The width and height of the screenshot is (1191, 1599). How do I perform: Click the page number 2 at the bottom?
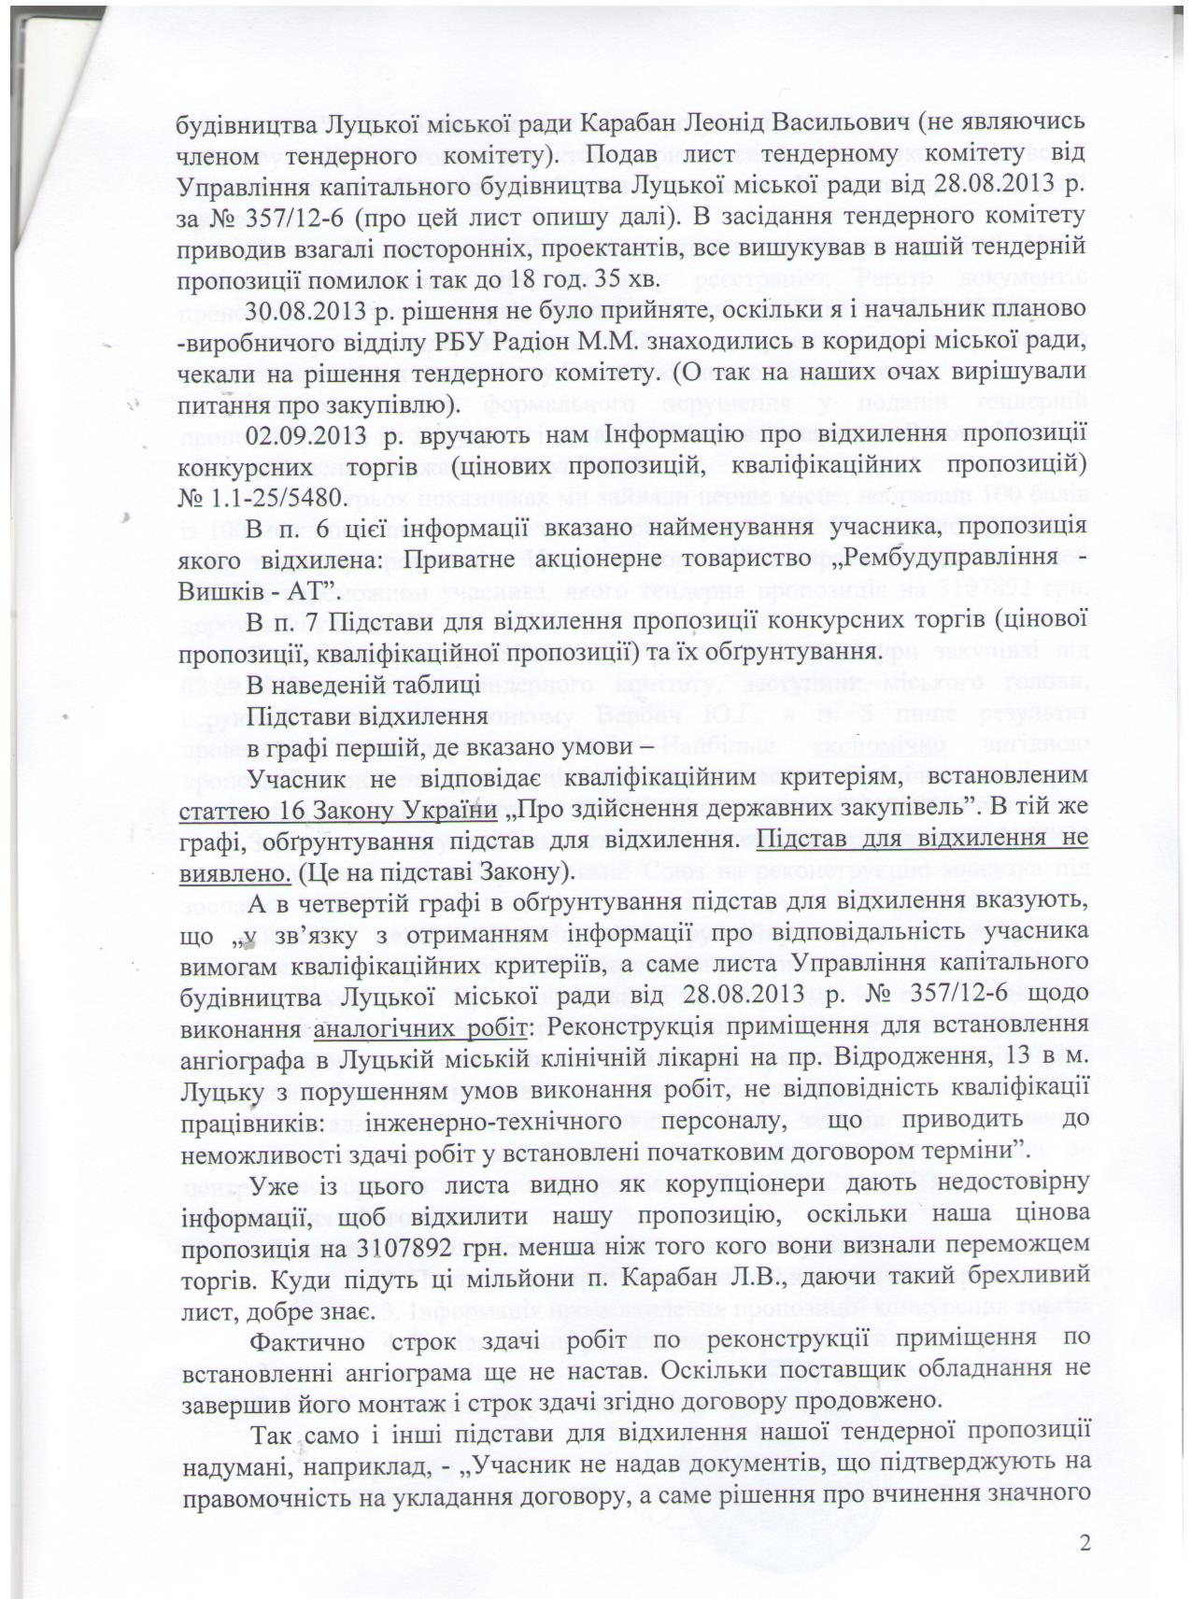pyautogui.click(x=1085, y=1542)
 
